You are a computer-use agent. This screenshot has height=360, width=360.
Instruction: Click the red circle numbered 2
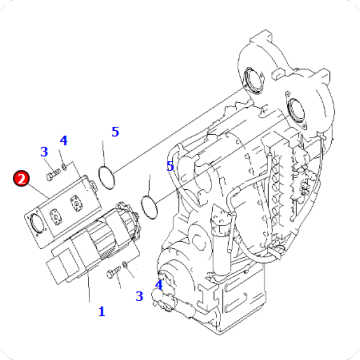tap(20, 180)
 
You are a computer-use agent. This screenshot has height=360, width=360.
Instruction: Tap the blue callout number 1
tap(101, 311)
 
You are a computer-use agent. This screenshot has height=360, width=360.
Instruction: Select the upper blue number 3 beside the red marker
tap(44, 152)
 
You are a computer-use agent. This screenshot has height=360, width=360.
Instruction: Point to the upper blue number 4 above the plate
tap(63, 140)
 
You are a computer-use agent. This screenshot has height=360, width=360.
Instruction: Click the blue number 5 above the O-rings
tap(115, 132)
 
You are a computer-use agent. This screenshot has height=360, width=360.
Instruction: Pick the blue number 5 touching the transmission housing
tap(170, 166)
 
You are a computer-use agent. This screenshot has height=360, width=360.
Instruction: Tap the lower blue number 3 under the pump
tap(139, 295)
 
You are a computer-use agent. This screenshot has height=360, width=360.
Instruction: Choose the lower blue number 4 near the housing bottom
tap(158, 285)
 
